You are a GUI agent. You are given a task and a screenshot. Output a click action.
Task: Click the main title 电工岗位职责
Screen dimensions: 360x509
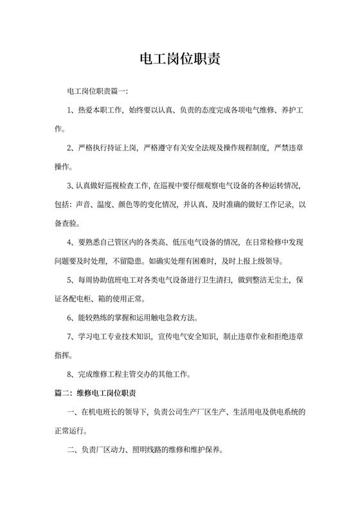[x=180, y=60]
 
